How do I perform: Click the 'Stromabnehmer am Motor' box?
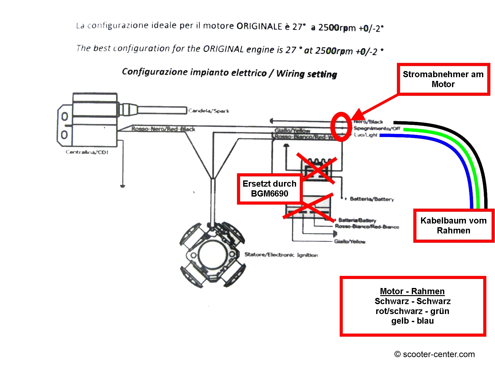(x=443, y=79)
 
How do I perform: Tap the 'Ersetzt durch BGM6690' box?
(x=269, y=188)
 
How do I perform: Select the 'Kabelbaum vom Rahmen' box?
(x=453, y=225)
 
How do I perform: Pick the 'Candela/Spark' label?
(x=209, y=111)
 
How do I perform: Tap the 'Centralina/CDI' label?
(x=87, y=152)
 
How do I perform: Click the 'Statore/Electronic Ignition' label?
(x=281, y=255)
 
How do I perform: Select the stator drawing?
(x=213, y=255)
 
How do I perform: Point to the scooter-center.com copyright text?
(x=434, y=354)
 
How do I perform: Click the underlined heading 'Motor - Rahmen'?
(x=412, y=291)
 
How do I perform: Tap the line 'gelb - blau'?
(x=412, y=321)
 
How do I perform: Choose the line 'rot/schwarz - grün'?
(x=412, y=311)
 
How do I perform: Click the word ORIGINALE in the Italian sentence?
(x=259, y=26)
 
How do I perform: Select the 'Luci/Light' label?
(x=366, y=135)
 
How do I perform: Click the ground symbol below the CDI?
(x=123, y=186)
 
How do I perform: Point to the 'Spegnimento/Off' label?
(x=377, y=128)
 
